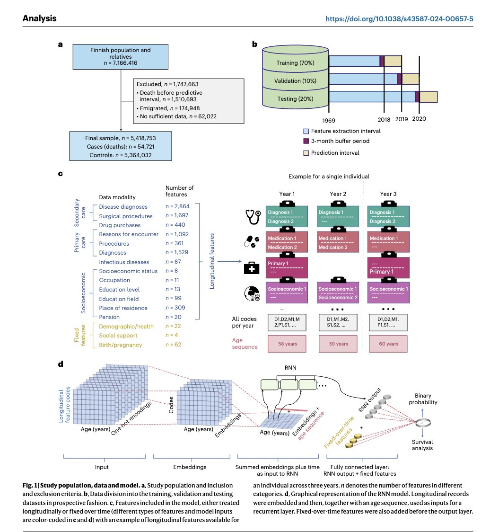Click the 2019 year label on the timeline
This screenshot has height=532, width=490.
click(x=401, y=119)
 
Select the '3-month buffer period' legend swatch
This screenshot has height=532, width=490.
click(x=306, y=141)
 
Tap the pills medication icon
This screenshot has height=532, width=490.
click(x=250, y=241)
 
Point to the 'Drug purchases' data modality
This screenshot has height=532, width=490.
click(x=120, y=225)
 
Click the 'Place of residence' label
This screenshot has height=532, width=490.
click(x=123, y=308)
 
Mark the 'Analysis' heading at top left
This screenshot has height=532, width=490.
click(x=40, y=19)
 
